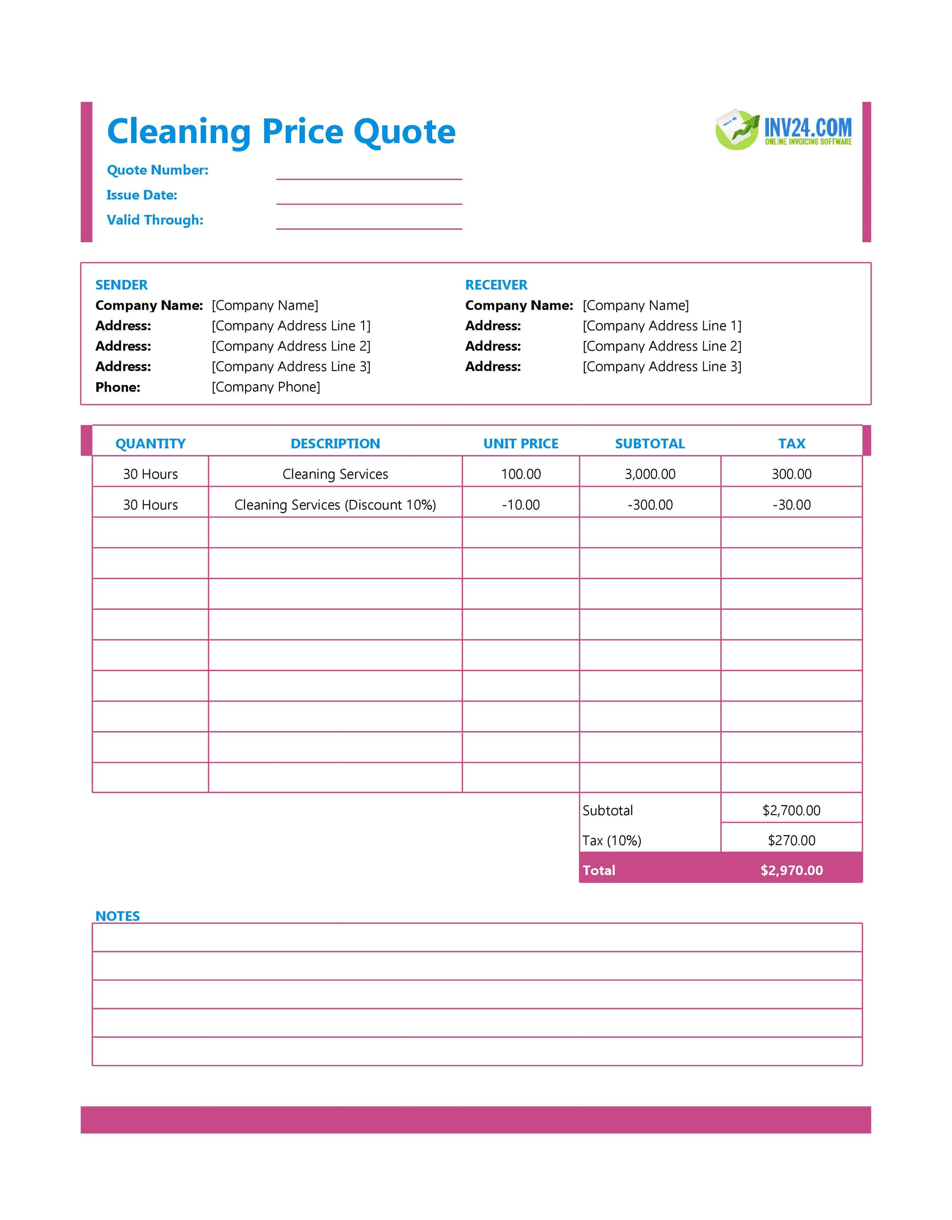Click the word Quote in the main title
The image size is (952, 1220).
point(404,132)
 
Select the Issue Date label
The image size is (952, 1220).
point(142,195)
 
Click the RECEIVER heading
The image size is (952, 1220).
point(496,285)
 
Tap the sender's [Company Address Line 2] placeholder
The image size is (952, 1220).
point(291,346)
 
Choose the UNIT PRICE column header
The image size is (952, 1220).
point(521,444)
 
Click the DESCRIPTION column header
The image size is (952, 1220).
point(335,444)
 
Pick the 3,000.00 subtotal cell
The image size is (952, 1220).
point(650,474)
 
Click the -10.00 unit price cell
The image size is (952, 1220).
point(521,505)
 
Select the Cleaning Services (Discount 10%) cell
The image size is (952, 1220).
point(335,505)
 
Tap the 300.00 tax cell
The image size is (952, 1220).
point(791,474)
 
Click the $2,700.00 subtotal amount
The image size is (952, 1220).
point(791,811)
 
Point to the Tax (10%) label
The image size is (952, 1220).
point(612,841)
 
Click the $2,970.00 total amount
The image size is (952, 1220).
point(791,870)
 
